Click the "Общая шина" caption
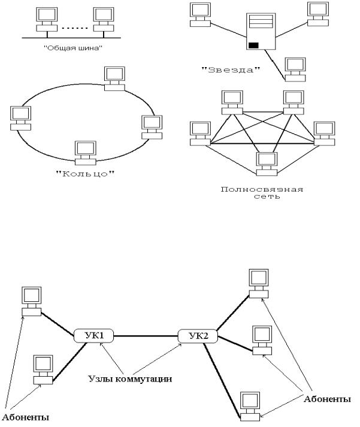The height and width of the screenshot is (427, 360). pyautogui.click(x=73, y=48)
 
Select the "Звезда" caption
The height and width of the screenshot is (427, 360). pyautogui.click(x=231, y=69)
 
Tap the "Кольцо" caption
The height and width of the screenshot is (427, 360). pyautogui.click(x=85, y=173)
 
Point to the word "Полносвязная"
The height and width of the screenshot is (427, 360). pyautogui.click(x=262, y=189)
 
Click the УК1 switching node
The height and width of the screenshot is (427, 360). pyautogui.click(x=93, y=336)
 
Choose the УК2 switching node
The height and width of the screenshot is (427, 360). pyautogui.click(x=198, y=336)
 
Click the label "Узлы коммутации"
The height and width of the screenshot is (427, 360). pyautogui.click(x=130, y=379)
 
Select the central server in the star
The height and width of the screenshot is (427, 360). pyautogui.click(x=261, y=31)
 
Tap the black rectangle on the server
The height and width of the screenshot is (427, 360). pyautogui.click(x=253, y=45)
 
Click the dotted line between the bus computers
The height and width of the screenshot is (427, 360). pyautogui.click(x=75, y=28)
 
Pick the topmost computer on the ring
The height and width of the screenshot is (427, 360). pyautogui.click(x=114, y=78)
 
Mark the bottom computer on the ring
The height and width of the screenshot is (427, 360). pyautogui.click(x=86, y=153)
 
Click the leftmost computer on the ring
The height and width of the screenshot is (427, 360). pyautogui.click(x=21, y=118)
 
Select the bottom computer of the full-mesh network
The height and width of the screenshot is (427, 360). pyautogui.click(x=267, y=164)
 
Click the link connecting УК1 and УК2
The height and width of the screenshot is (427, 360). pyautogui.click(x=146, y=336)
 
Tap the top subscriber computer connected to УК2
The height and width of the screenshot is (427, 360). pyautogui.click(x=259, y=283)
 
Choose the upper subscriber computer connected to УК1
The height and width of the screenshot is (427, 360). pyautogui.click(x=32, y=301)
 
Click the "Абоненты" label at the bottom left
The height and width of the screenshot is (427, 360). pyautogui.click(x=25, y=417)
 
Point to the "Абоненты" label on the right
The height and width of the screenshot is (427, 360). pyautogui.click(x=327, y=399)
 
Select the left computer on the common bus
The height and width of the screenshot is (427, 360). pyautogui.click(x=47, y=19)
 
